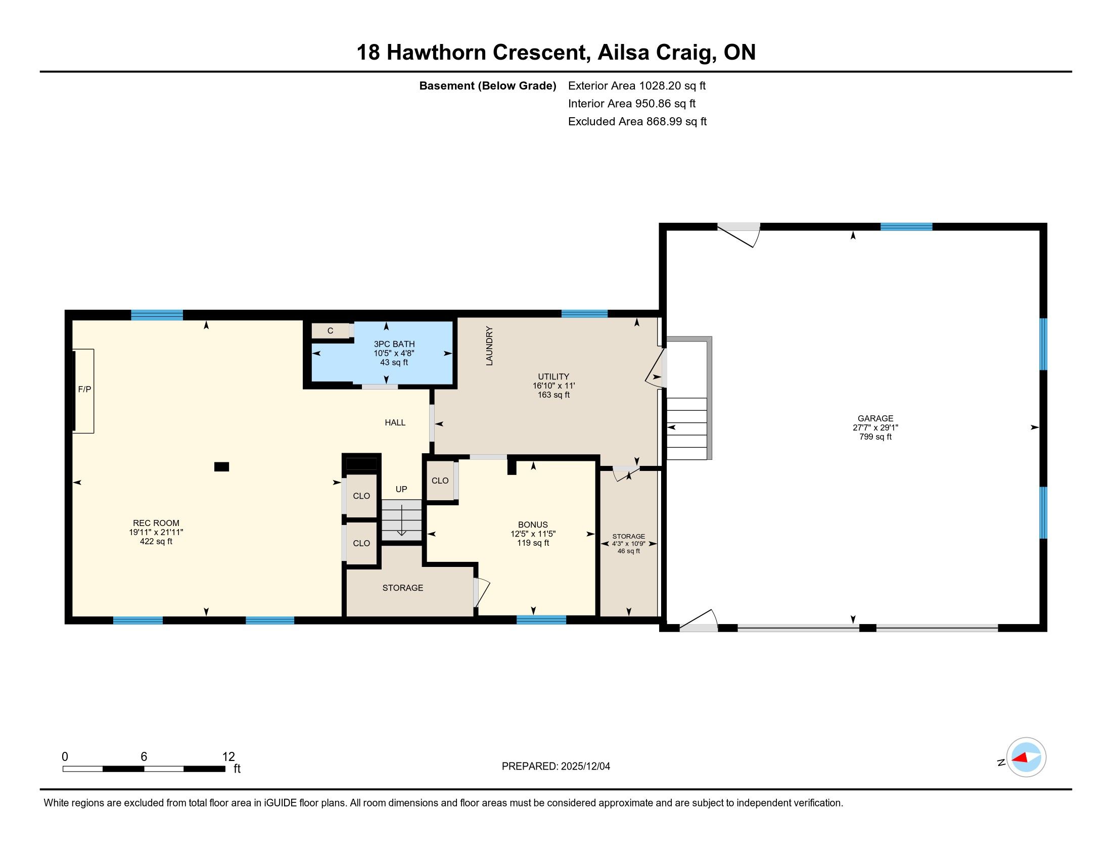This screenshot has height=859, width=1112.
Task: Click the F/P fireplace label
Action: click(x=84, y=389)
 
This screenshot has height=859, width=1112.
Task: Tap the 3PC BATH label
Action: click(x=394, y=344)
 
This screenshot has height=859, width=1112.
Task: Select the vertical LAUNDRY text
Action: click(x=489, y=346)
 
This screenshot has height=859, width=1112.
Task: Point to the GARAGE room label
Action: click(x=875, y=418)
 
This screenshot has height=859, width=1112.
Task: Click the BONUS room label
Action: click(x=533, y=524)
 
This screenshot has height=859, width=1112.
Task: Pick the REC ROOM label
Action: click(x=156, y=523)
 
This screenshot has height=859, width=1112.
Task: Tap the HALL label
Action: click(x=395, y=422)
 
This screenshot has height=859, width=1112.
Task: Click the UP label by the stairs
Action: click(x=401, y=489)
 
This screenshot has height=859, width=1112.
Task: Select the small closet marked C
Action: click(x=331, y=331)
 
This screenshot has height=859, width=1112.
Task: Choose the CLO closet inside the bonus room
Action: click(x=440, y=481)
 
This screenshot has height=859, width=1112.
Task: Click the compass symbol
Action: click(x=1026, y=757)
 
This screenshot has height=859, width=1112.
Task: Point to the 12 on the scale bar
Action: click(x=228, y=757)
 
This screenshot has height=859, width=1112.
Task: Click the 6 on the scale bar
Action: click(x=144, y=757)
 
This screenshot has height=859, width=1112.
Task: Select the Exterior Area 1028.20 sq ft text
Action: click(x=637, y=85)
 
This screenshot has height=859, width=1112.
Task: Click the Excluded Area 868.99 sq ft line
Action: click(x=637, y=122)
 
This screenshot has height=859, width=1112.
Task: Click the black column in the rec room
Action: click(x=221, y=467)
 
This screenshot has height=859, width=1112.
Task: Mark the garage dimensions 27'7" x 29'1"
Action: click(x=875, y=427)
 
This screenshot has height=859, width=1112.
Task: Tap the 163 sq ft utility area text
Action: click(x=553, y=395)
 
